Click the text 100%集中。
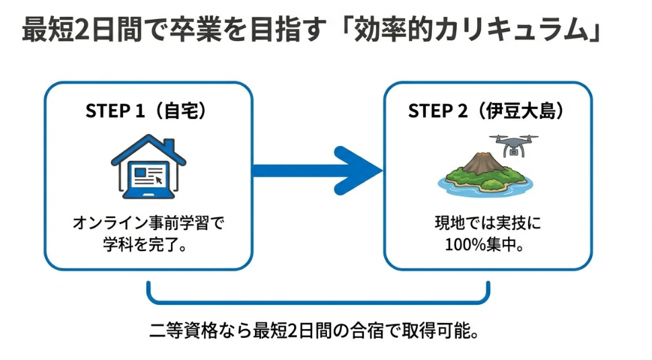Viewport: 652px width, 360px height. coord(484,244)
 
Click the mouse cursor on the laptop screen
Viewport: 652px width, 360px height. coord(159,180)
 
